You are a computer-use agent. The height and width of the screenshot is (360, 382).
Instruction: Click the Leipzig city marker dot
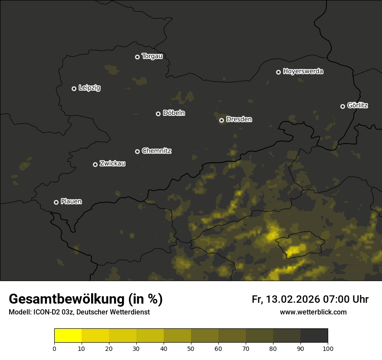[74, 88]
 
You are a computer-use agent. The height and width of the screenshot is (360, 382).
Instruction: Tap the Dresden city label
[239, 119]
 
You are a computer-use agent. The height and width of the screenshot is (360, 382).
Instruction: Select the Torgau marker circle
[138, 57]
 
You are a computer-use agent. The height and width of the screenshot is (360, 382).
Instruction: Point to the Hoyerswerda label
[303, 71]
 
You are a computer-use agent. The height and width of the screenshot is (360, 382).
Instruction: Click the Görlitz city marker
[342, 106]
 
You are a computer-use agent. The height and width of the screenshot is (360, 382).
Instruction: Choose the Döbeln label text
[174, 113]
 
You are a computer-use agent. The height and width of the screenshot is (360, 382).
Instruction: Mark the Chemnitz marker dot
[138, 151]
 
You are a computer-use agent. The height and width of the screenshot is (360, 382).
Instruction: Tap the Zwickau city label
[112, 164]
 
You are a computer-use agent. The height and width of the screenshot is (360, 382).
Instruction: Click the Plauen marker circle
[56, 202]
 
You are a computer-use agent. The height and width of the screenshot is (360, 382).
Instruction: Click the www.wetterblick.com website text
[313, 312]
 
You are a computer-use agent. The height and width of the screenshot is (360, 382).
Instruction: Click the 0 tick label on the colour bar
[54, 348]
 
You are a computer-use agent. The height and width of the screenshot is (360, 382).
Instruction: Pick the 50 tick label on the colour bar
[191, 348]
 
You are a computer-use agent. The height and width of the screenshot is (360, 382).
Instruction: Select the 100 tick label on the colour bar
[328, 348]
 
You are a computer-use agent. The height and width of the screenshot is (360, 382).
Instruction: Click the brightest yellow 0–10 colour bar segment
[68, 336]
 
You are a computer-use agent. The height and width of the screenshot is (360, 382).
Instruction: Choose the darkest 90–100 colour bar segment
[314, 336]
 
